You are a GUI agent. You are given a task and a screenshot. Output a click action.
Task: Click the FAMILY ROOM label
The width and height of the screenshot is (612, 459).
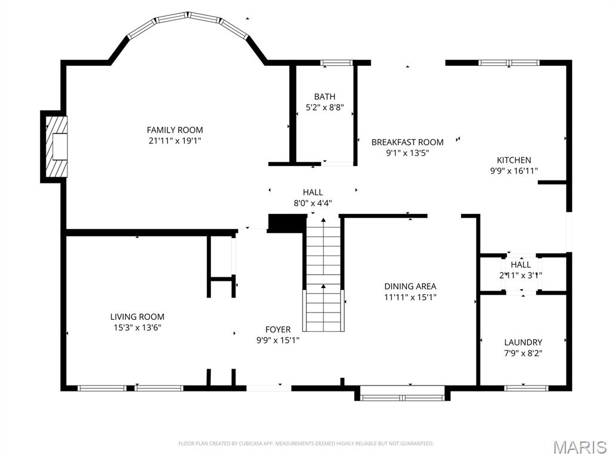(175, 130)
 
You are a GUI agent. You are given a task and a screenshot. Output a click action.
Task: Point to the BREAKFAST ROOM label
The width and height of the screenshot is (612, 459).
(407, 142)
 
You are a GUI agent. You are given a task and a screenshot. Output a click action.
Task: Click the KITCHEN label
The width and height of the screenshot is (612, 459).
(514, 160)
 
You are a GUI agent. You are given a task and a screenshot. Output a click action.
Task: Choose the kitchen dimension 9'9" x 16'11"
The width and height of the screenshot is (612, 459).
(514, 171)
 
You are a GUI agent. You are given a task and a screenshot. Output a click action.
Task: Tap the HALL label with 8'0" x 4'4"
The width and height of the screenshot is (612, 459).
(313, 192)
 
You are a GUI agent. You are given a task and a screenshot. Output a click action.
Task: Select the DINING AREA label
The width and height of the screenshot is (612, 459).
(410, 286)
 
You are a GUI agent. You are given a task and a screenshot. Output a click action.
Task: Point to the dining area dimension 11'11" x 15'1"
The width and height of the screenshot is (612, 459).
(410, 297)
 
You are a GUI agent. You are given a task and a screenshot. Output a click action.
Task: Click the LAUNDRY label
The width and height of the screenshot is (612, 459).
(523, 342)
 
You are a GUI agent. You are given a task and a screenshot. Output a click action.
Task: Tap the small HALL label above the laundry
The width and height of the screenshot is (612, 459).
(521, 264)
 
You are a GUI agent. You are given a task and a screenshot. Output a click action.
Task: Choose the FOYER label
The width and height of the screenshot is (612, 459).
(278, 329)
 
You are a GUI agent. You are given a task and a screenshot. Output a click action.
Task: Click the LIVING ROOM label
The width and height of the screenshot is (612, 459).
(137, 316)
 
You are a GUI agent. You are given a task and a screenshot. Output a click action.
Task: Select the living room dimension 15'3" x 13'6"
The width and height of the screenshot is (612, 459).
(137, 328)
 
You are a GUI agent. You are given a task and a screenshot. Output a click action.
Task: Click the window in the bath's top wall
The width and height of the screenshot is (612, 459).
(336, 62)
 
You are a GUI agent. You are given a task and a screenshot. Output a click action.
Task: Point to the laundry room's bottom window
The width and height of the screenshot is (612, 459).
(527, 388)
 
